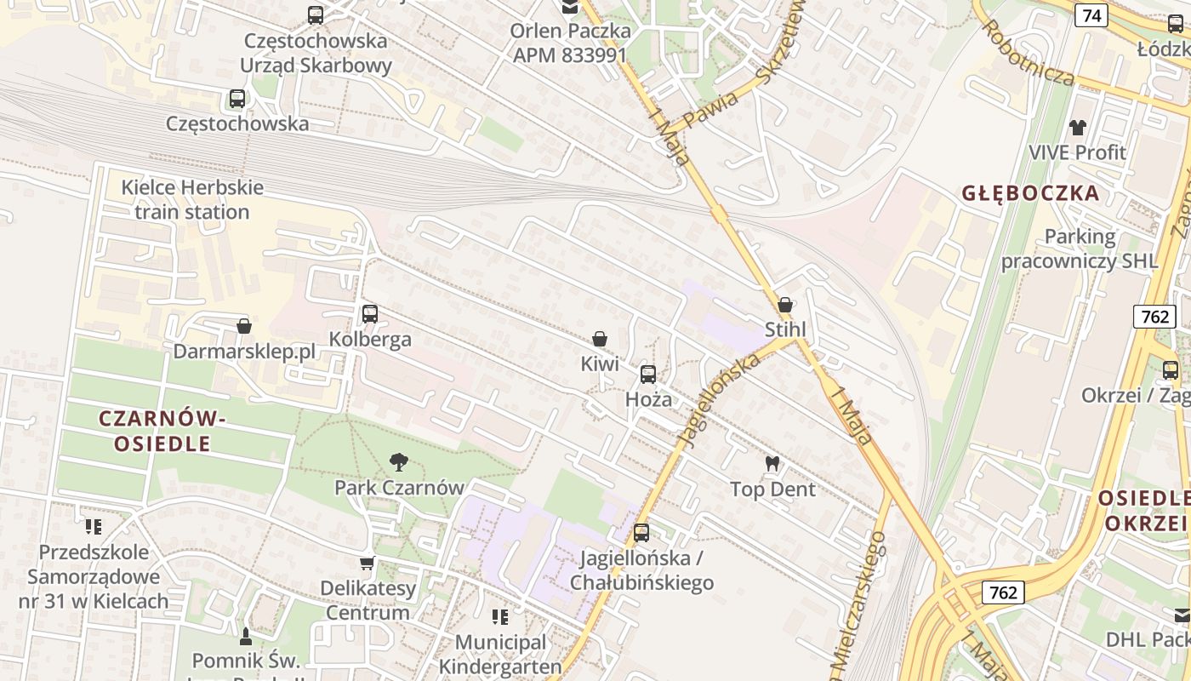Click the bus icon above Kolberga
tap(370, 313)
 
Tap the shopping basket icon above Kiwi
tap(600, 339)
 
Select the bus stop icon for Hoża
tap(648, 374)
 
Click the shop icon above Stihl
tap(785, 304)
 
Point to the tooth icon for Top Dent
tap(772, 464)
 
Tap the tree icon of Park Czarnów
tap(398, 462)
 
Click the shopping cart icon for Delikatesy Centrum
tap(368, 563)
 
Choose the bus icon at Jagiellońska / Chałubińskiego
tap(641, 533)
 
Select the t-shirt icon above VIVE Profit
tap(1078, 128)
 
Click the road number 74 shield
tap(1091, 15)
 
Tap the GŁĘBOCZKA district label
tap(1031, 193)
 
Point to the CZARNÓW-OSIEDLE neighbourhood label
tap(162, 431)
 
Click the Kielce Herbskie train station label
tap(192, 199)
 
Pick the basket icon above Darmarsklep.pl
tap(244, 326)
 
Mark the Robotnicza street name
tap(1028, 53)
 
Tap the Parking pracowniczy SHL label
tap(1080, 249)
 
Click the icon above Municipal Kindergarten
tap(500, 616)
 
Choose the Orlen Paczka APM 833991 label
tap(570, 43)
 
